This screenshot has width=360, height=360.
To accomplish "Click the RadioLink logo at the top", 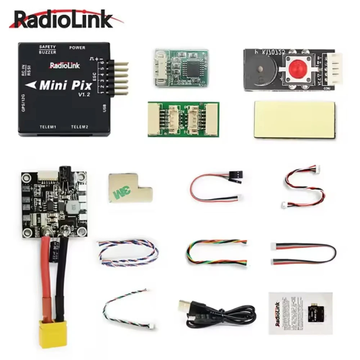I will pyautogui.click(x=63, y=20).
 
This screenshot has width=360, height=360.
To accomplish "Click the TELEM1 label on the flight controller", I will pyautogui.click(x=50, y=127).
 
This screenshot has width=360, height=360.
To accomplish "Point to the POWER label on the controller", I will pyautogui.click(x=77, y=48).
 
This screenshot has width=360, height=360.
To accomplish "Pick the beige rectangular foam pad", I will pyautogui.click(x=294, y=119).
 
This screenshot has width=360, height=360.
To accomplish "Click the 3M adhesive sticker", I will pyautogui.click(x=130, y=189).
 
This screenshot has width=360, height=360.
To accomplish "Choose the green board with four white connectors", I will pyautogui.click(x=183, y=119).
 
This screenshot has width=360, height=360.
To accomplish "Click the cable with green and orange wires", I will pyautogui.click(x=216, y=252).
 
